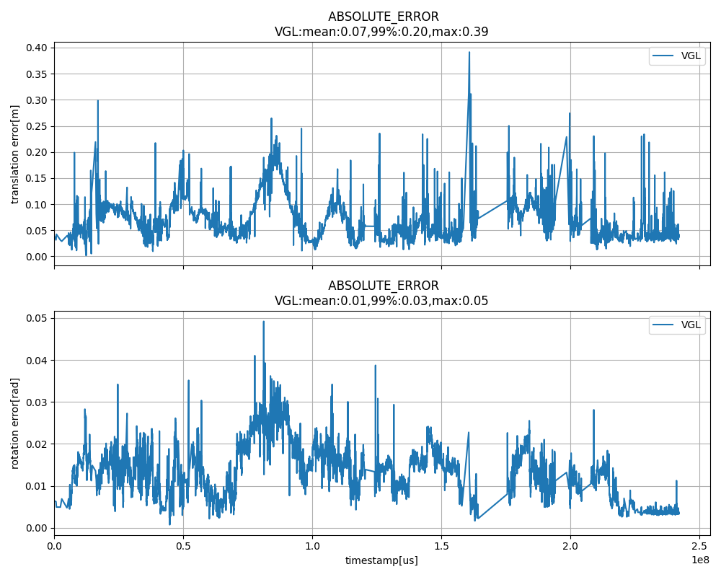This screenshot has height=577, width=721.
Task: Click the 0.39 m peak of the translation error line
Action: click(x=469, y=52)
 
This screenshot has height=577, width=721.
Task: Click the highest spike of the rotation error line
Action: click(x=263, y=322)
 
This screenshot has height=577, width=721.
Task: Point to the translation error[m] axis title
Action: click(x=15, y=154)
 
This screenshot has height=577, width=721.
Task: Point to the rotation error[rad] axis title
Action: click(x=15, y=423)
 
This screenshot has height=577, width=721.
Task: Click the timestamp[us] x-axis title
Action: click(x=381, y=560)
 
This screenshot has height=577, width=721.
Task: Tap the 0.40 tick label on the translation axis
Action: click(x=37, y=48)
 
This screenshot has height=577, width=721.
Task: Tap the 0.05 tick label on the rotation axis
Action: click(x=37, y=318)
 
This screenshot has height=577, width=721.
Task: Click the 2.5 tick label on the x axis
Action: click(x=699, y=546)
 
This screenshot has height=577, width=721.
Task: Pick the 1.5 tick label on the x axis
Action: click(x=441, y=546)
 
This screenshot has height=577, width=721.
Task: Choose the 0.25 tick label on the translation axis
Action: click(x=37, y=126)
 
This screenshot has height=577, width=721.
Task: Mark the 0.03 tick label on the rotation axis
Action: click(x=37, y=402)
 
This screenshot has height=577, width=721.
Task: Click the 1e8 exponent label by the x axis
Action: click(x=700, y=560)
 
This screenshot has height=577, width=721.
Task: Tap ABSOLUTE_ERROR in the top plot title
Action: click(x=383, y=17)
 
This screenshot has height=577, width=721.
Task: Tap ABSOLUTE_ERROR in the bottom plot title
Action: click(x=383, y=286)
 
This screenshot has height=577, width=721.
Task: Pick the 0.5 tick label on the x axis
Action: click(x=183, y=546)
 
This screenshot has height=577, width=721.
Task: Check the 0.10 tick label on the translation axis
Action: click(x=37, y=204)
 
